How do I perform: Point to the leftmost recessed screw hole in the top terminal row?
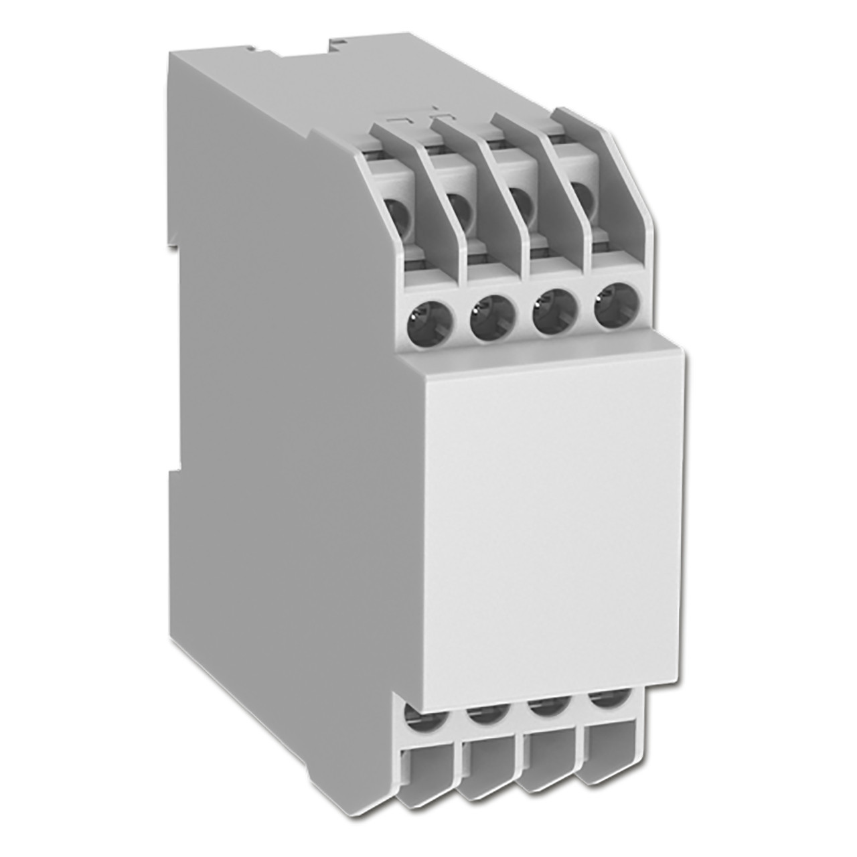(399, 214)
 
